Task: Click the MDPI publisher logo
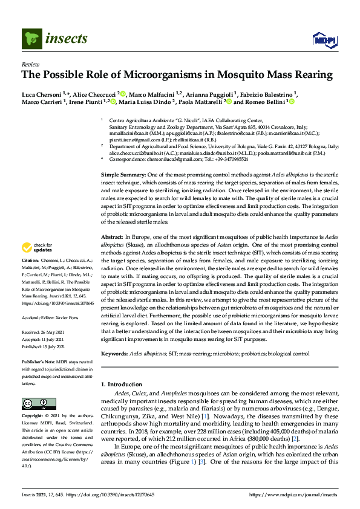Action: [320, 40]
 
